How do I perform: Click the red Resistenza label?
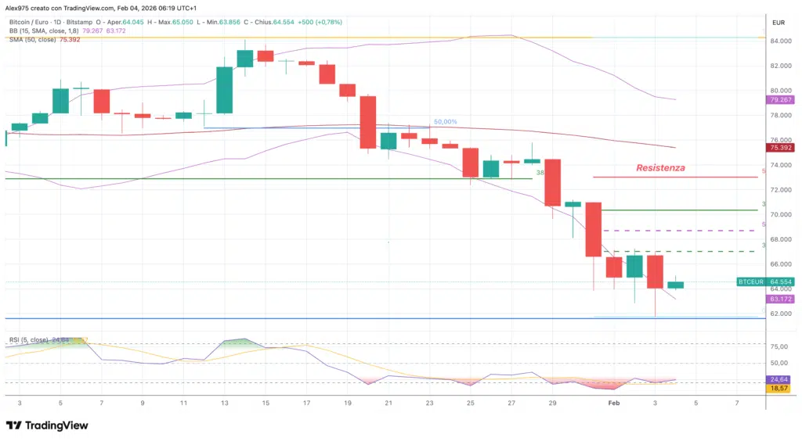point(660,167)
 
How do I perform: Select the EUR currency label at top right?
point(779,22)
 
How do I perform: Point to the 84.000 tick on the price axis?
point(779,41)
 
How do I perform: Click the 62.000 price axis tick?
point(779,314)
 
